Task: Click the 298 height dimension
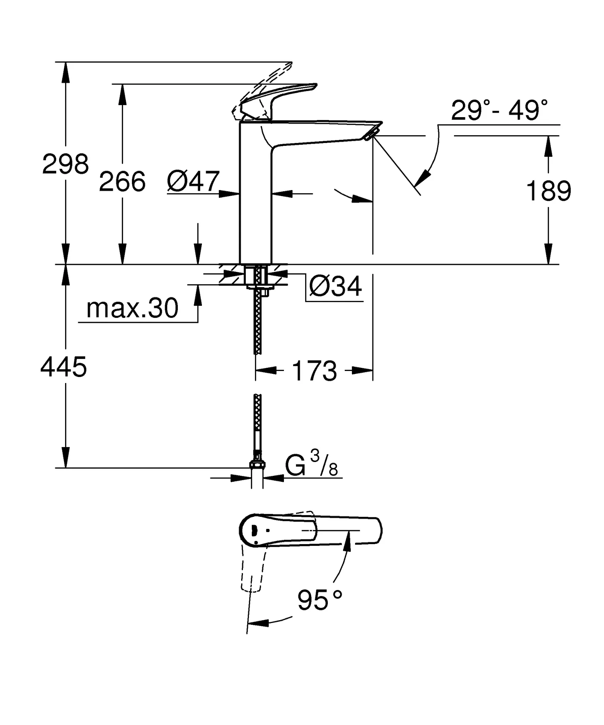tap(65, 164)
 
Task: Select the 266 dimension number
tap(122, 182)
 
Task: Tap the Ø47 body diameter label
tap(193, 182)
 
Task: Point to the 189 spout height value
tap(548, 192)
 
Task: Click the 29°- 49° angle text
tap(499, 110)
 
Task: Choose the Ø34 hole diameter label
tap(335, 286)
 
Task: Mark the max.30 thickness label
tap(132, 308)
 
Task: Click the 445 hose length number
tap(64, 367)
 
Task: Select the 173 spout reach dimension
tap(314, 371)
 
